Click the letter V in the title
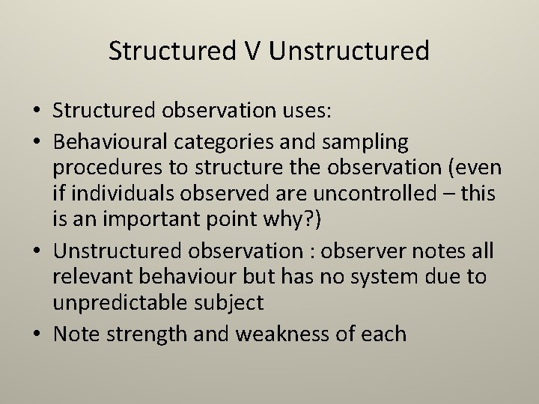point(253,51)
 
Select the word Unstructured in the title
point(349,51)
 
